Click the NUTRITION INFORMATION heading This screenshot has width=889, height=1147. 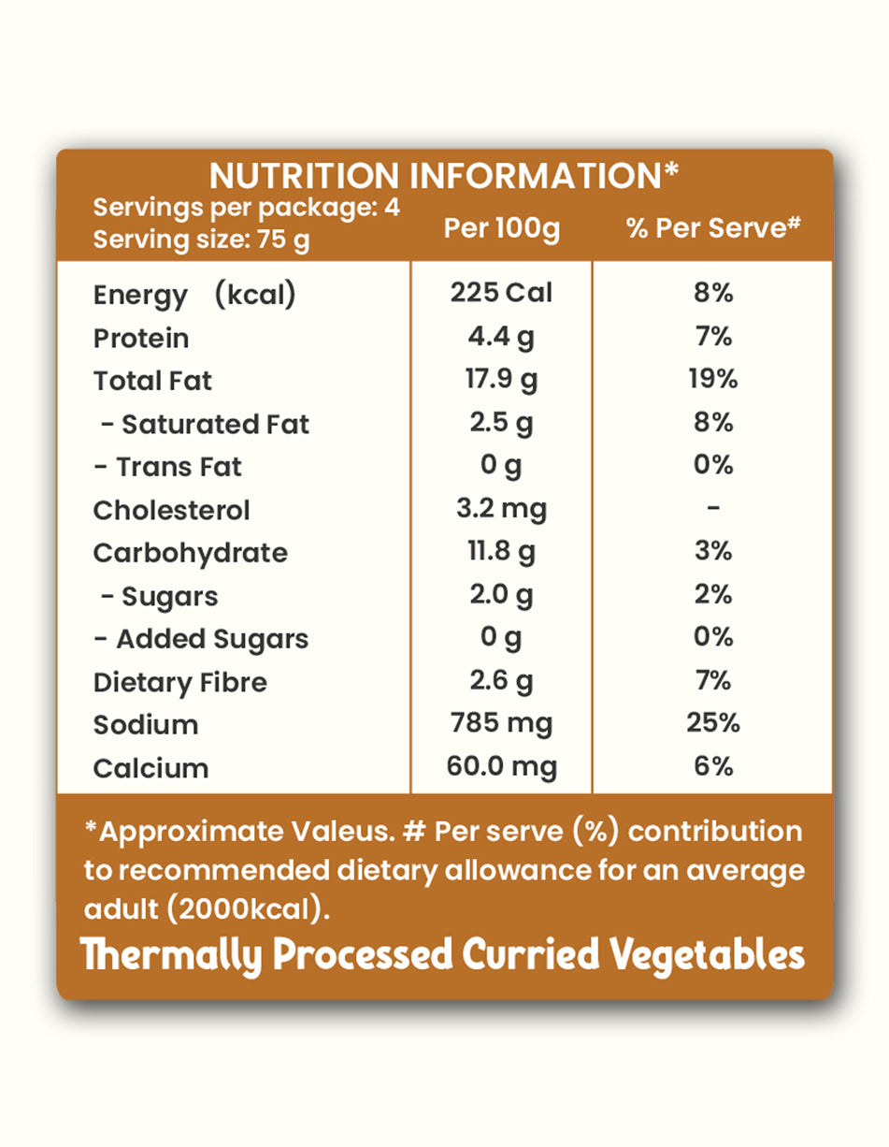pos(444,176)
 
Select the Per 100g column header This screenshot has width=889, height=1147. pos(502,229)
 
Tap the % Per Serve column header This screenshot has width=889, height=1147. pos(714,229)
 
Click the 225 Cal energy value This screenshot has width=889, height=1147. pos(502,293)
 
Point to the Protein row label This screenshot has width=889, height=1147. pos(141,338)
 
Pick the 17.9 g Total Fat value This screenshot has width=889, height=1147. pos(503,380)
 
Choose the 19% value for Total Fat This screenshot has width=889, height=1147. pos(713,379)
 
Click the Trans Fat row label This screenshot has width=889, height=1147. pos(168,467)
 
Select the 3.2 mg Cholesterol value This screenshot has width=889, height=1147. pos(503,509)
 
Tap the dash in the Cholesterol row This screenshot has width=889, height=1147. pos(713,508)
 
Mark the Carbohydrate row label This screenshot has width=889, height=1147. pos(191,553)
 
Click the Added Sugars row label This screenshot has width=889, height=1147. pos(202,639)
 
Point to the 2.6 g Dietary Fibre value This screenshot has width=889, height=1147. pos(502,681)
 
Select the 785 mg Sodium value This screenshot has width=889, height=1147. pos(503,724)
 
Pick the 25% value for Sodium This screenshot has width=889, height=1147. pos(713,723)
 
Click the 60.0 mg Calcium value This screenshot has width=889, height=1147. pos(503,767)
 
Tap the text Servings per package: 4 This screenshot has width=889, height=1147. pos(247,208)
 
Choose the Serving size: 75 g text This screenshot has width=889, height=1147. pos(201,240)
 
